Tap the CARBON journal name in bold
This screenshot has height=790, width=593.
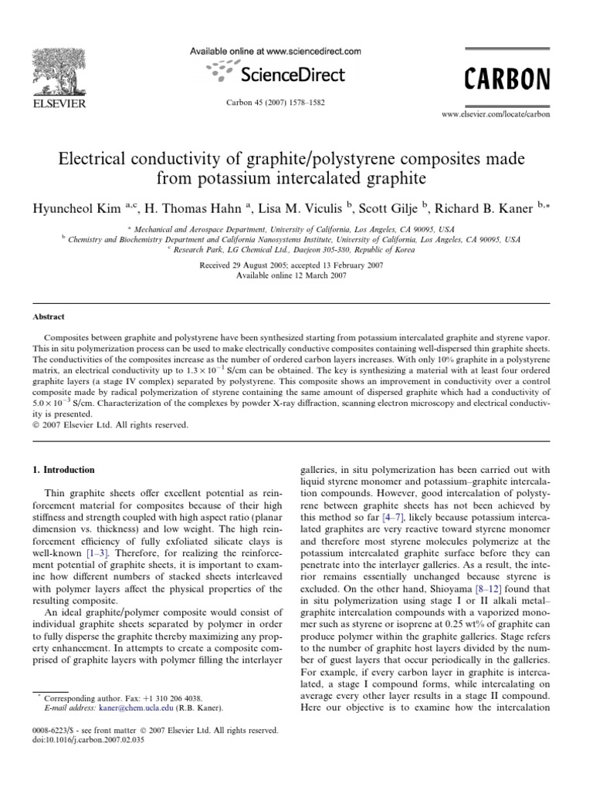pos(507,79)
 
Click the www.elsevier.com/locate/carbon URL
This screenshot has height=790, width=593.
pos(495,113)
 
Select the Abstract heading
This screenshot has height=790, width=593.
pos(49,316)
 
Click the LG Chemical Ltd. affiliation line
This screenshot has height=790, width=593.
pos(296,249)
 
